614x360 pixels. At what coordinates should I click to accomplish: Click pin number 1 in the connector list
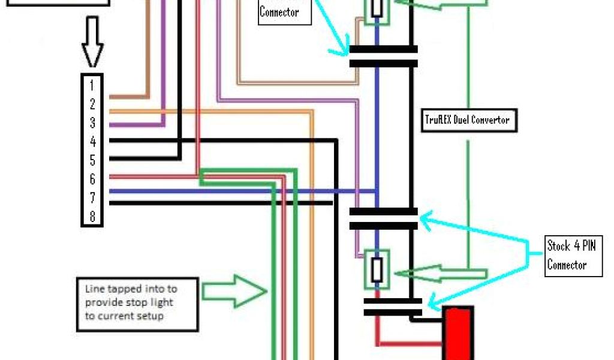[x=92, y=85]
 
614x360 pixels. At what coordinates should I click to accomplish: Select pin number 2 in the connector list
[x=92, y=104]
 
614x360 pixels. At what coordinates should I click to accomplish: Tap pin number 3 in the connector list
[x=92, y=122]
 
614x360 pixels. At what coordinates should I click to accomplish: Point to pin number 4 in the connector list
[x=92, y=142]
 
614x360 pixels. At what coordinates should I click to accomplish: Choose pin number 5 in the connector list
[x=92, y=160]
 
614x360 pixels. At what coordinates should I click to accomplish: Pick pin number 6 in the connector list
[x=92, y=179]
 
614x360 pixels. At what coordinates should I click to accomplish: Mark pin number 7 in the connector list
[x=92, y=197]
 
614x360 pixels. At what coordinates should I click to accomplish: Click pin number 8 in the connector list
[x=92, y=216]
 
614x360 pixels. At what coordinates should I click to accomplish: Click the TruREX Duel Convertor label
[x=467, y=120]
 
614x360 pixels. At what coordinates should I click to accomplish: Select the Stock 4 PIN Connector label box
[x=574, y=256]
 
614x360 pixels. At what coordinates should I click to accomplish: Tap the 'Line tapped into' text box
[x=137, y=304]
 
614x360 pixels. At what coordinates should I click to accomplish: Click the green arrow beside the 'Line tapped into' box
[x=234, y=292]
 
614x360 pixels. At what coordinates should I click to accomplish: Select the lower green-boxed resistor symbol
[x=377, y=269]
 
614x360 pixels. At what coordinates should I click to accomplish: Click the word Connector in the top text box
[x=279, y=12]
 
